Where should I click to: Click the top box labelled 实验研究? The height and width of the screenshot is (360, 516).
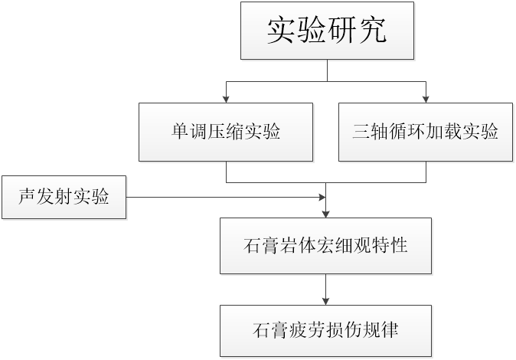click(x=327, y=31)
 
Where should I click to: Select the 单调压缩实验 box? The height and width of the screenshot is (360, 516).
click(x=226, y=132)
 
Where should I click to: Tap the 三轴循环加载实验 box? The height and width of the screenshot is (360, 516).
click(x=426, y=132)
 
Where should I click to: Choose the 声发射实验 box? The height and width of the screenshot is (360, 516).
click(x=64, y=197)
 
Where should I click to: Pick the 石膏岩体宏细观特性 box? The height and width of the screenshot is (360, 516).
click(x=326, y=246)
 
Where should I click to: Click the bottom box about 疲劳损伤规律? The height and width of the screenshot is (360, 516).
click(x=326, y=331)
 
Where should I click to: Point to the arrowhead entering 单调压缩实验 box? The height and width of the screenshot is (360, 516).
click(x=226, y=100)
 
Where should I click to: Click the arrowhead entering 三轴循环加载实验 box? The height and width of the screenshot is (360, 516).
click(x=426, y=100)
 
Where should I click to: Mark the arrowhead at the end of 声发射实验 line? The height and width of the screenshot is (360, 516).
click(x=322, y=198)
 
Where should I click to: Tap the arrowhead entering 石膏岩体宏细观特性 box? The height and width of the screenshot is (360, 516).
click(x=326, y=214)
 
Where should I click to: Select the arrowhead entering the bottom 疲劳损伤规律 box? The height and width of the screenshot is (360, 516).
click(x=326, y=302)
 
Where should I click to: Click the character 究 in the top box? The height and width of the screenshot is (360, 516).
click(x=372, y=31)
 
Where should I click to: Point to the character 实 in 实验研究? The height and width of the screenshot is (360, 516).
click(x=280, y=31)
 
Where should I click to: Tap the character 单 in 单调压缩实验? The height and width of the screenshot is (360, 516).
click(x=180, y=132)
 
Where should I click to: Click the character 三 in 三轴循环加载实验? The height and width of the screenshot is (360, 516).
click(x=361, y=132)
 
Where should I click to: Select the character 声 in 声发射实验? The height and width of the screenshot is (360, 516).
click(x=27, y=197)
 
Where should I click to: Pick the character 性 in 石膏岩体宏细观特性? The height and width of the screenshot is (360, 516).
click(x=399, y=245)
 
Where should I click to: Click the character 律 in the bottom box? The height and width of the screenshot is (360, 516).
click(x=390, y=330)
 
